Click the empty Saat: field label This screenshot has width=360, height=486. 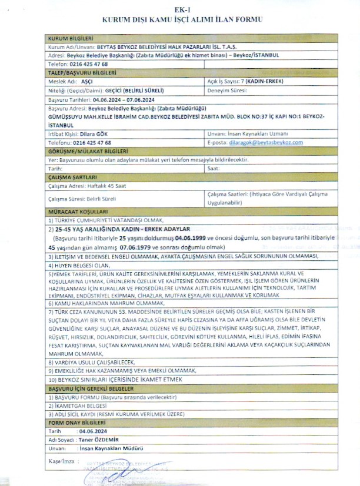coord(214,168)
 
